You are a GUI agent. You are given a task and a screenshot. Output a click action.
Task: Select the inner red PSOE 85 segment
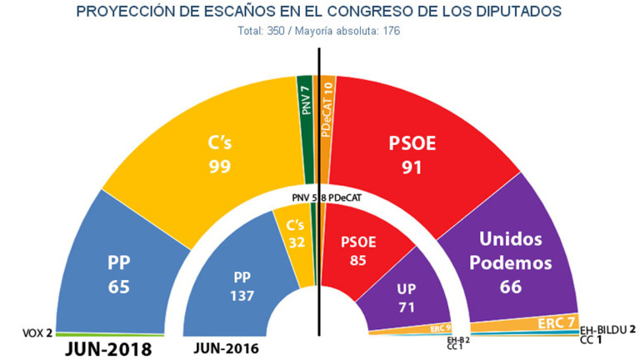click(361, 250)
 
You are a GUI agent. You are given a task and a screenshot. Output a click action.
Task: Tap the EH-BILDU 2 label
click(607, 329)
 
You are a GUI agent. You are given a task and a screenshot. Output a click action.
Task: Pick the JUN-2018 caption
click(108, 348)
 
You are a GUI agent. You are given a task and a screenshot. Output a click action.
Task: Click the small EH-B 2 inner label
click(458, 340)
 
